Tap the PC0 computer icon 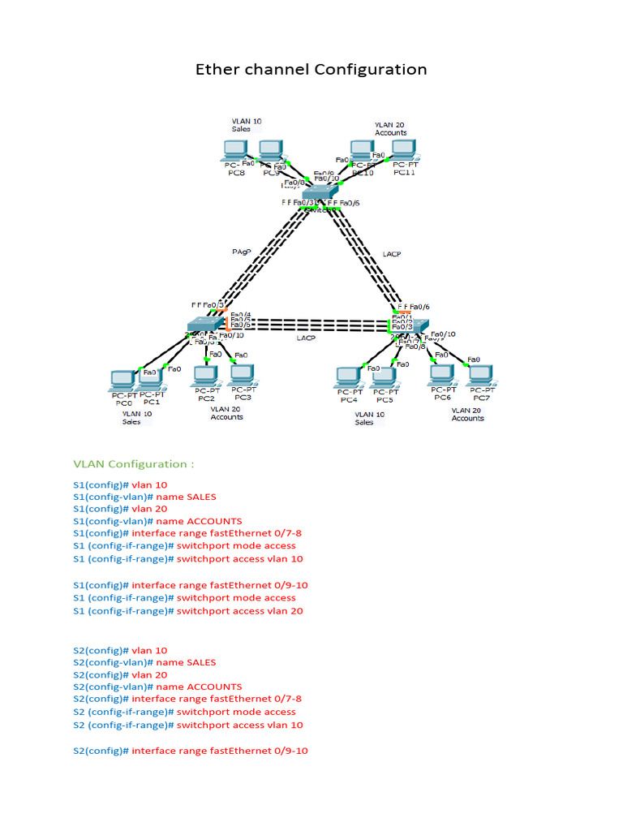point(122,380)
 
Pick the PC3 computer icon point(241,375)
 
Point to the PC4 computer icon point(348,377)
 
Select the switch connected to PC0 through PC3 point(205,325)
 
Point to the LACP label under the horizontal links point(306,338)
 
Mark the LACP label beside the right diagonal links point(392,254)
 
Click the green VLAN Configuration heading point(133,464)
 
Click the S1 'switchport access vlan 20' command point(239,611)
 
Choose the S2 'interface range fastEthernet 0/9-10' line point(219,751)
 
